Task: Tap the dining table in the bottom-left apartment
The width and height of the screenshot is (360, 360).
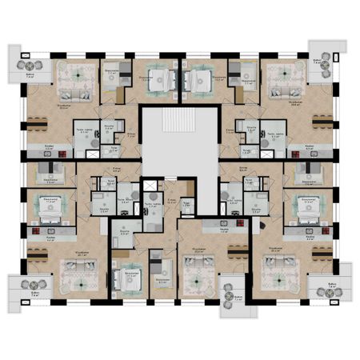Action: pos(36,255)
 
